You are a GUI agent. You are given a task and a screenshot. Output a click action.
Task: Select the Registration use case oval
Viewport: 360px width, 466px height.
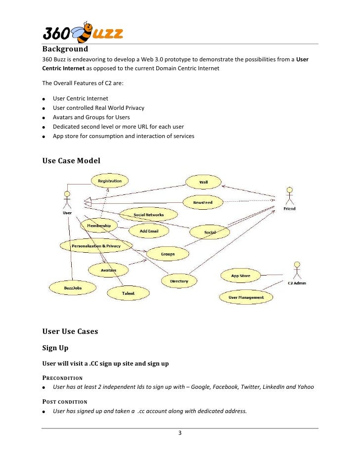[x=109, y=181]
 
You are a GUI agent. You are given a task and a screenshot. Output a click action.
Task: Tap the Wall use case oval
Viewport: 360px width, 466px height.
[x=203, y=182]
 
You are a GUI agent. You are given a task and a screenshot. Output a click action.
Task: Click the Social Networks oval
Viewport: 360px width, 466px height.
[x=148, y=215]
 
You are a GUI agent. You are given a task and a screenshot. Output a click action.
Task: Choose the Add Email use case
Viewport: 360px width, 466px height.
[x=149, y=231]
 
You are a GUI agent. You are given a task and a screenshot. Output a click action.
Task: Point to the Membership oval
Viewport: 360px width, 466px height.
[x=99, y=226]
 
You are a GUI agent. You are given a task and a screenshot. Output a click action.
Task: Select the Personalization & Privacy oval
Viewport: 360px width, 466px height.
[x=96, y=246]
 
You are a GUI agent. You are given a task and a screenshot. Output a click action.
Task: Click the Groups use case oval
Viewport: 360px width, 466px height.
[x=168, y=254]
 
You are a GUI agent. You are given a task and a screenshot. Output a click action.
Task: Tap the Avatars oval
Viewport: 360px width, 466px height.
[x=108, y=270]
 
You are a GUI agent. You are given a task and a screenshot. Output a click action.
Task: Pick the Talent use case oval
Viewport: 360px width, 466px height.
[x=128, y=294]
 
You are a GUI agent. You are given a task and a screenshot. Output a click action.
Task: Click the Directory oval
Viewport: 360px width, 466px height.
[x=179, y=281]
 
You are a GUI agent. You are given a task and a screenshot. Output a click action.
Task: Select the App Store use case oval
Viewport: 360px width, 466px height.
[x=241, y=276]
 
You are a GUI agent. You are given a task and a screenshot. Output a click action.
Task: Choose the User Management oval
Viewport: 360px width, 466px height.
[x=246, y=297]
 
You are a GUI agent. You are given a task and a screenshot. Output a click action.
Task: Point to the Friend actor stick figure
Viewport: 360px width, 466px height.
[x=290, y=196]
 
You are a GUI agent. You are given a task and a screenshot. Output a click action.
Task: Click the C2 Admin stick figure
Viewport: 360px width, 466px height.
[x=297, y=271]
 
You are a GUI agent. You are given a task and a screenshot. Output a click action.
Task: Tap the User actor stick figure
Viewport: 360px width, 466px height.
[x=67, y=199]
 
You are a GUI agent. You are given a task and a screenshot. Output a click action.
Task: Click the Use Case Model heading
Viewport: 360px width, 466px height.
[x=71, y=161]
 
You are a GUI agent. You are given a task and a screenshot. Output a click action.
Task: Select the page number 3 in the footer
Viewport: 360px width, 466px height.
[x=180, y=434]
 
